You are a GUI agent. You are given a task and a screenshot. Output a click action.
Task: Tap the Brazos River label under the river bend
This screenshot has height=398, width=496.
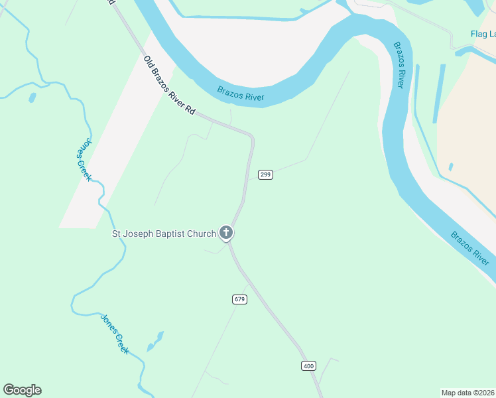tap(241, 94)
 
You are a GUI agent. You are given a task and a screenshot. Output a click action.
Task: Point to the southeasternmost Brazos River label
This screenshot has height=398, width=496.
tap(471, 248)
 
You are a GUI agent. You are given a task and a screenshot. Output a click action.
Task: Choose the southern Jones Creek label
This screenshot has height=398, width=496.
tap(114, 333)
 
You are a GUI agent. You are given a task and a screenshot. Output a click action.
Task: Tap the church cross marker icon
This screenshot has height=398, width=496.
tap(226, 233)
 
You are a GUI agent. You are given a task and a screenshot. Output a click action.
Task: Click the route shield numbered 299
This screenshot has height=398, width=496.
tap(265, 174)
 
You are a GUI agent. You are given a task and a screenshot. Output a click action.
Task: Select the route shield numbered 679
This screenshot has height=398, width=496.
tap(240, 299)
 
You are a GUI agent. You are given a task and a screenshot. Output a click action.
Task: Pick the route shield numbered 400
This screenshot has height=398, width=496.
tap(308, 365)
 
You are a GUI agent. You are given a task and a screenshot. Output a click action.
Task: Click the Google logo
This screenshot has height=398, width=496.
tap(22, 390)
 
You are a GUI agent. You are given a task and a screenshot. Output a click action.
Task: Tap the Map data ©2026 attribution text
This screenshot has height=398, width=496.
tap(468, 393)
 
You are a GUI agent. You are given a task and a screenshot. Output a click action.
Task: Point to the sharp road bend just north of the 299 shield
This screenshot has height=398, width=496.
tap(251, 137)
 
